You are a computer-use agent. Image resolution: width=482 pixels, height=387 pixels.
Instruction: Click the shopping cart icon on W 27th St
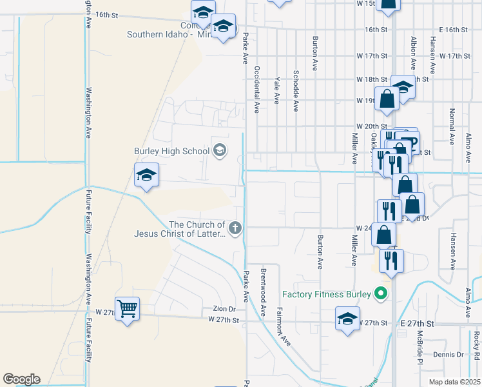(x=127, y=308)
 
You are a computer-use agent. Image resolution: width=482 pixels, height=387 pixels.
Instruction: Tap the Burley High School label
(x=172, y=151)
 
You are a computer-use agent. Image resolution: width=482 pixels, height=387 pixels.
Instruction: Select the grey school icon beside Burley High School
(x=219, y=151)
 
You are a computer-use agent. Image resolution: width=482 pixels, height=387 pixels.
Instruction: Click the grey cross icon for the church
(x=235, y=227)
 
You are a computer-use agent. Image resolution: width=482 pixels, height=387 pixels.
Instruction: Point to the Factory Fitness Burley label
(x=327, y=294)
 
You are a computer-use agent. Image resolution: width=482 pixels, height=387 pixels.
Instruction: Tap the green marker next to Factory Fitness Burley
(x=381, y=294)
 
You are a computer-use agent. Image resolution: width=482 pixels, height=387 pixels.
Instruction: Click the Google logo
(x=21, y=379)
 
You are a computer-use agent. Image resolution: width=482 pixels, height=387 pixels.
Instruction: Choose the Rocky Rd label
(x=476, y=346)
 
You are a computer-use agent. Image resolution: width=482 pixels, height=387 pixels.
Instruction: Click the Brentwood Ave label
(x=263, y=292)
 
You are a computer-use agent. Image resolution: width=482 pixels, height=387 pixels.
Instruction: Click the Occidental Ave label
(x=256, y=89)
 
